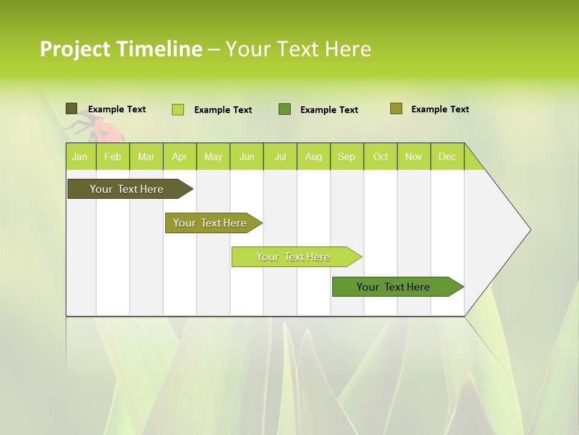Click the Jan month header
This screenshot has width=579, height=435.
[80, 156]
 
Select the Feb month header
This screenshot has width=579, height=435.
[113, 156]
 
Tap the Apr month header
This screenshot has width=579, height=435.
[180, 156]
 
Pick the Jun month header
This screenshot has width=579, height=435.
[247, 156]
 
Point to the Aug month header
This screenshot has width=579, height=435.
[314, 156]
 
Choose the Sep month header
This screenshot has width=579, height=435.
[347, 156]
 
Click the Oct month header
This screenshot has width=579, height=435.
[381, 156]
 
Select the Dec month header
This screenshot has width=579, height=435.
[448, 156]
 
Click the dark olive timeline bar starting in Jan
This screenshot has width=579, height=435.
[127, 189]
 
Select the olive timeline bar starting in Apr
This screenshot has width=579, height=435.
[210, 223]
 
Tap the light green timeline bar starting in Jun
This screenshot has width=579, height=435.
[294, 257]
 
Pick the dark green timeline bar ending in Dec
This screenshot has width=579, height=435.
[394, 287]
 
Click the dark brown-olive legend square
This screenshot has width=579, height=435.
[71, 109]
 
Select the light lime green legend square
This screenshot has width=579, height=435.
[177, 109]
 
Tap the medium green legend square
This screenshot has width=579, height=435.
[285, 109]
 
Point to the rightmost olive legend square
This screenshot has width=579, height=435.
[396, 108]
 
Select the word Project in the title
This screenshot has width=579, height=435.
[75, 49]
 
